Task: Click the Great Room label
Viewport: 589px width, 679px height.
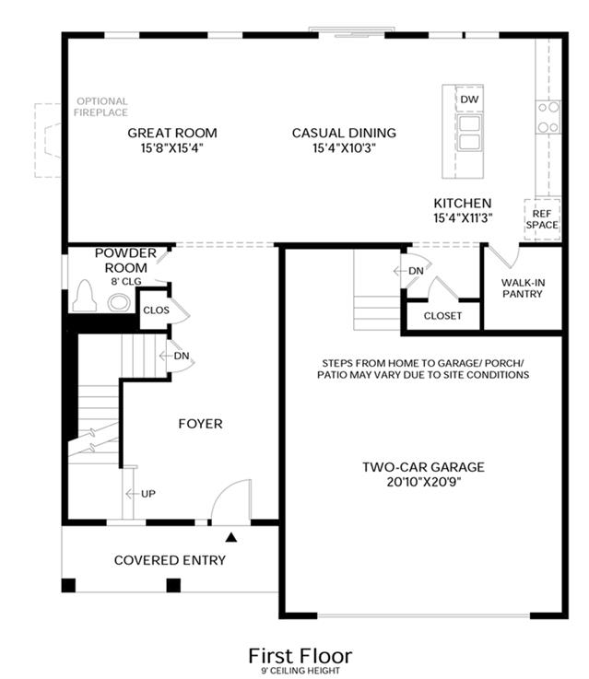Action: [172, 133]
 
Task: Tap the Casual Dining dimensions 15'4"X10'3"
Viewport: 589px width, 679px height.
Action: [345, 148]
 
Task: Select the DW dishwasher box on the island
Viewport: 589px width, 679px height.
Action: [469, 100]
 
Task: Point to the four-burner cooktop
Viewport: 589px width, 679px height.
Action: [548, 117]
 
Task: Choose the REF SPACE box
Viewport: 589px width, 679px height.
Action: [542, 219]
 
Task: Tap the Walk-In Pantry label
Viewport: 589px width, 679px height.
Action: [523, 288]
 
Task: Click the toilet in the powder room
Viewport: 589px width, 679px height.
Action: [85, 296]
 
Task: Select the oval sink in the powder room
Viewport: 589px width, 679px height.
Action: [119, 302]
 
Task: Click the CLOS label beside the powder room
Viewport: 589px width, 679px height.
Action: [156, 310]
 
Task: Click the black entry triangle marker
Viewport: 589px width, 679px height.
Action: [231, 537]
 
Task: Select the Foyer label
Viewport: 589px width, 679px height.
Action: [201, 424]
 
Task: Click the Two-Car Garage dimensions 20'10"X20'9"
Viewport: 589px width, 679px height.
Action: [424, 482]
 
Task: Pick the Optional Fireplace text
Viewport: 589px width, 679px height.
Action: [101, 107]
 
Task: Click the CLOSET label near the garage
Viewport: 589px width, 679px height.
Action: [442, 316]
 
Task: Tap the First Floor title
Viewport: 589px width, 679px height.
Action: [300, 656]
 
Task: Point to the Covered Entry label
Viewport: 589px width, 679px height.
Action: [170, 560]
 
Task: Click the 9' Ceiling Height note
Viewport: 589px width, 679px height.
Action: [300, 671]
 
